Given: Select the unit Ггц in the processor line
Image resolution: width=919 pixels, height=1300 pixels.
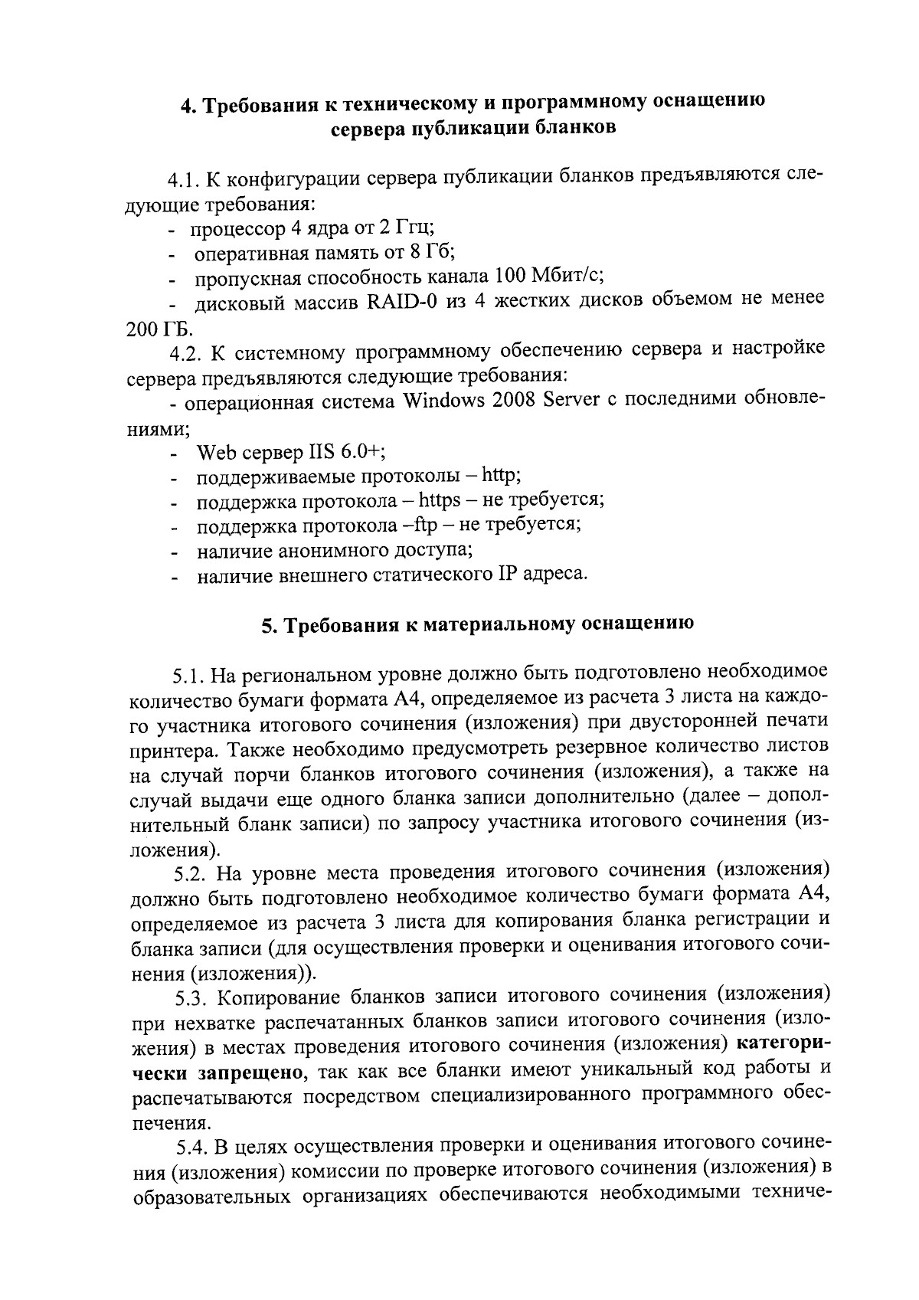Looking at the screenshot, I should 412,227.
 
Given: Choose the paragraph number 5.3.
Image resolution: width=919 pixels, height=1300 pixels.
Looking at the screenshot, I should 191,997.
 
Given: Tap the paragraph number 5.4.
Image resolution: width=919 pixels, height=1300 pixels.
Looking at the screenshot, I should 191,1147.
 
